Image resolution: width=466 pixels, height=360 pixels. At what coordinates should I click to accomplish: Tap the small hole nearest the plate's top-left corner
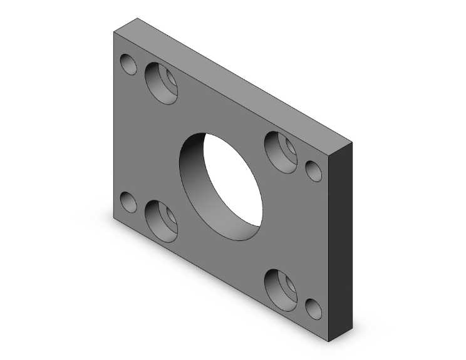(128, 64)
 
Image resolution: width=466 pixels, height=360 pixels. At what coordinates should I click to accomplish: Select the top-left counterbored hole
(161, 83)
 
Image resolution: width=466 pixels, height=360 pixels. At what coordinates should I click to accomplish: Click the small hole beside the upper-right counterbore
(313, 170)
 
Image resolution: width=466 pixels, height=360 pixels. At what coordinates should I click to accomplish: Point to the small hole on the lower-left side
(128, 202)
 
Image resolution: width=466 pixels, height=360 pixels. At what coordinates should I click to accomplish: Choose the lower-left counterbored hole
(161, 221)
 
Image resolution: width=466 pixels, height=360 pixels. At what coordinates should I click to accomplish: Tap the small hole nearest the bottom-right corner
(313, 309)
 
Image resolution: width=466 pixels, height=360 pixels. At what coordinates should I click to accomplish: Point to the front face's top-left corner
(113, 32)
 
